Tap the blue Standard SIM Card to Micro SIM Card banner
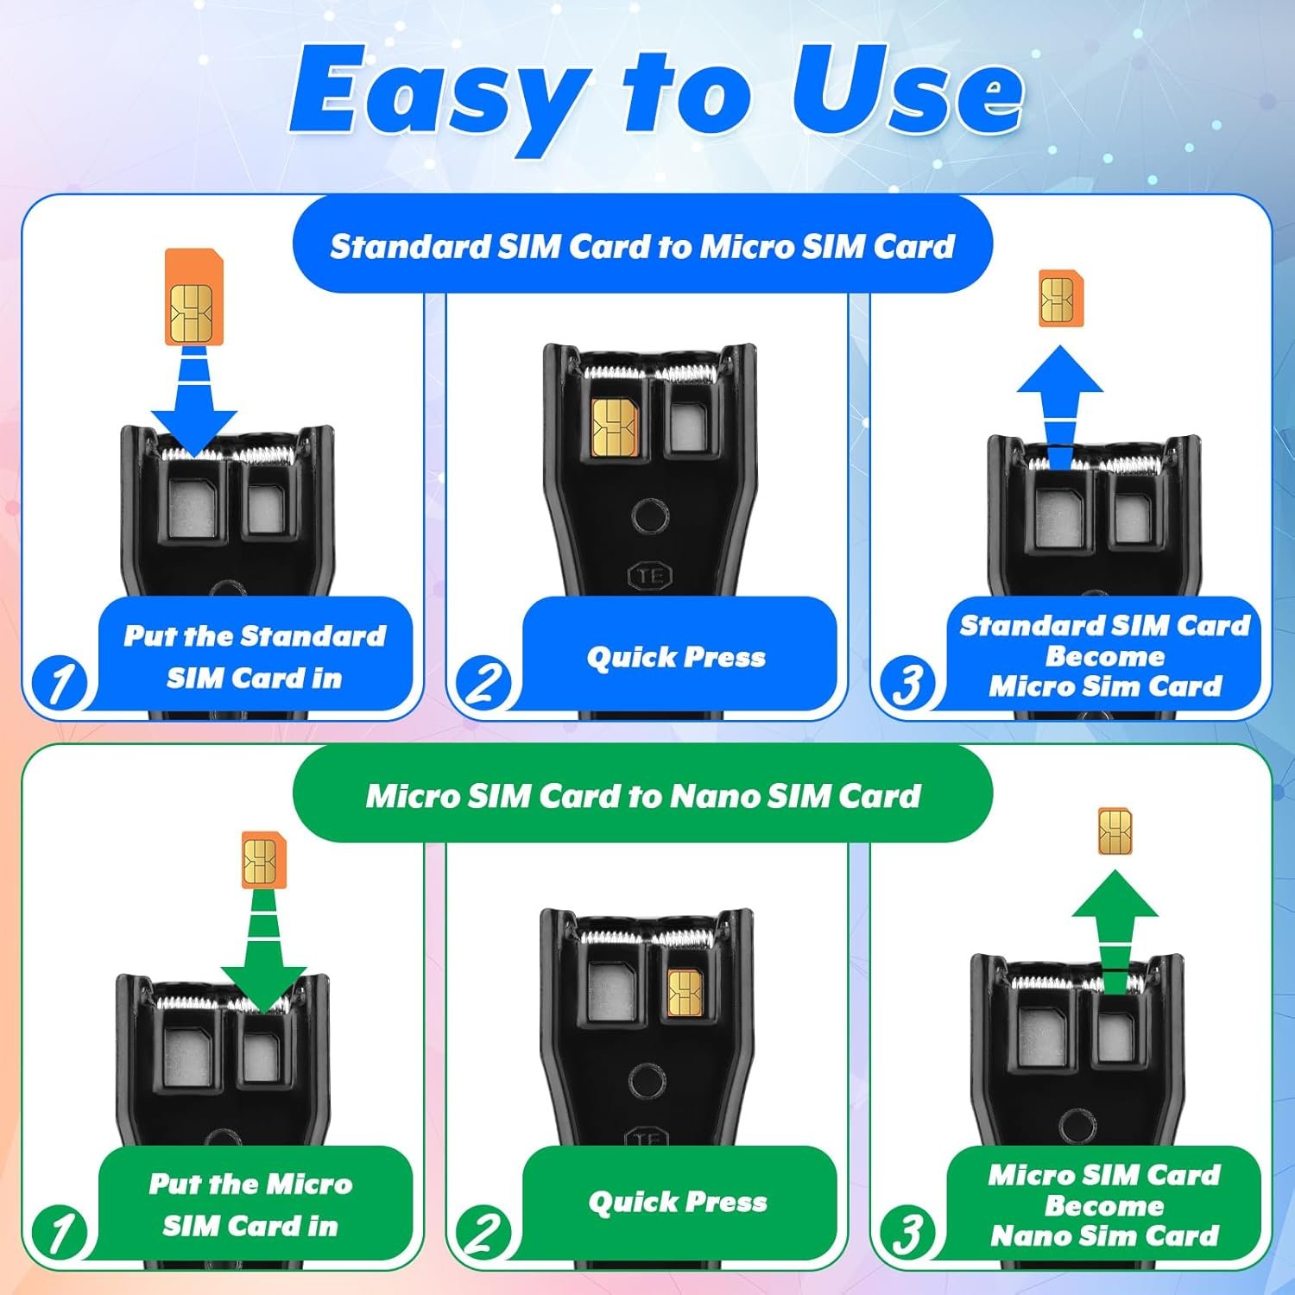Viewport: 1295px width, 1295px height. pos(642,246)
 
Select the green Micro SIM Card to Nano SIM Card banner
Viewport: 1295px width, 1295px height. pos(642,795)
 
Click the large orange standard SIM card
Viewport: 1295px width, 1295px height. pos(194,297)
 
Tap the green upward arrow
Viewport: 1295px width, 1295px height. pos(1115,932)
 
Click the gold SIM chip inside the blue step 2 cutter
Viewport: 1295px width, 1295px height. pos(615,427)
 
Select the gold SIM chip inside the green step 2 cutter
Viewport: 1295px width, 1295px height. pos(685,992)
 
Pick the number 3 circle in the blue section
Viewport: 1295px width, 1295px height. pos(906,685)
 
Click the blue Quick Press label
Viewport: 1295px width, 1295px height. pos(677,657)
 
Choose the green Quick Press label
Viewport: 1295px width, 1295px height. pos(679,1203)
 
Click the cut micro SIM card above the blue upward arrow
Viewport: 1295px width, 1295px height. pos(1061,299)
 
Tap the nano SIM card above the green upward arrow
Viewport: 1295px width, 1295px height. pos(1115,832)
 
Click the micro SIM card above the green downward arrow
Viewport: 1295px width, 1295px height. pos(263,860)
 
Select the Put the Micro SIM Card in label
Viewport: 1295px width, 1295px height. pos(251,1204)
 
